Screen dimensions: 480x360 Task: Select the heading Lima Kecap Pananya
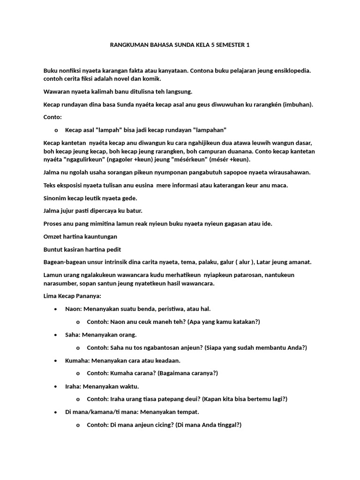(x=72, y=296)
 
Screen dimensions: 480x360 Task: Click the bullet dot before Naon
(x=56, y=309)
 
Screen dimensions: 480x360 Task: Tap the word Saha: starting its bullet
(x=73, y=335)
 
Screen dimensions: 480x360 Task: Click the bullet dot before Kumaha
(x=56, y=360)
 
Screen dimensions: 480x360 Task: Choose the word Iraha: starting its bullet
(x=74, y=386)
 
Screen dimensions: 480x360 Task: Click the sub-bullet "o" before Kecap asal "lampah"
(x=56, y=130)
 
